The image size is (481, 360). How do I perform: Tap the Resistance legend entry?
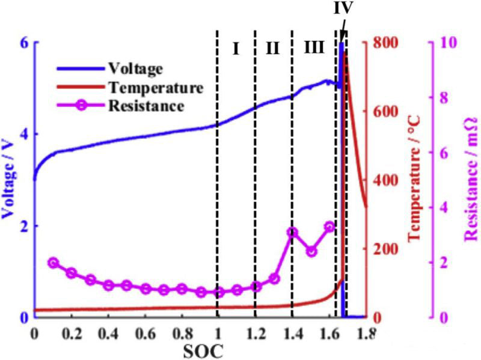[146, 107]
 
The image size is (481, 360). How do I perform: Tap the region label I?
[236, 49]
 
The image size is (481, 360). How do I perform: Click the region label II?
[273, 49]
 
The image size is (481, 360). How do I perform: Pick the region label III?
[313, 49]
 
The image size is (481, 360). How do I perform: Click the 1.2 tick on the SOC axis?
[255, 332]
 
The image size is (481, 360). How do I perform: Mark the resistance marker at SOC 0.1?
[53, 263]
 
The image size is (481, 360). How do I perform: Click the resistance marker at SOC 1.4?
[292, 232]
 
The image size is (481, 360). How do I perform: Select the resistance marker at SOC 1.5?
[311, 251]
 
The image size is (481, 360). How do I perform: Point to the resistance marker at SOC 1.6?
[329, 227]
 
